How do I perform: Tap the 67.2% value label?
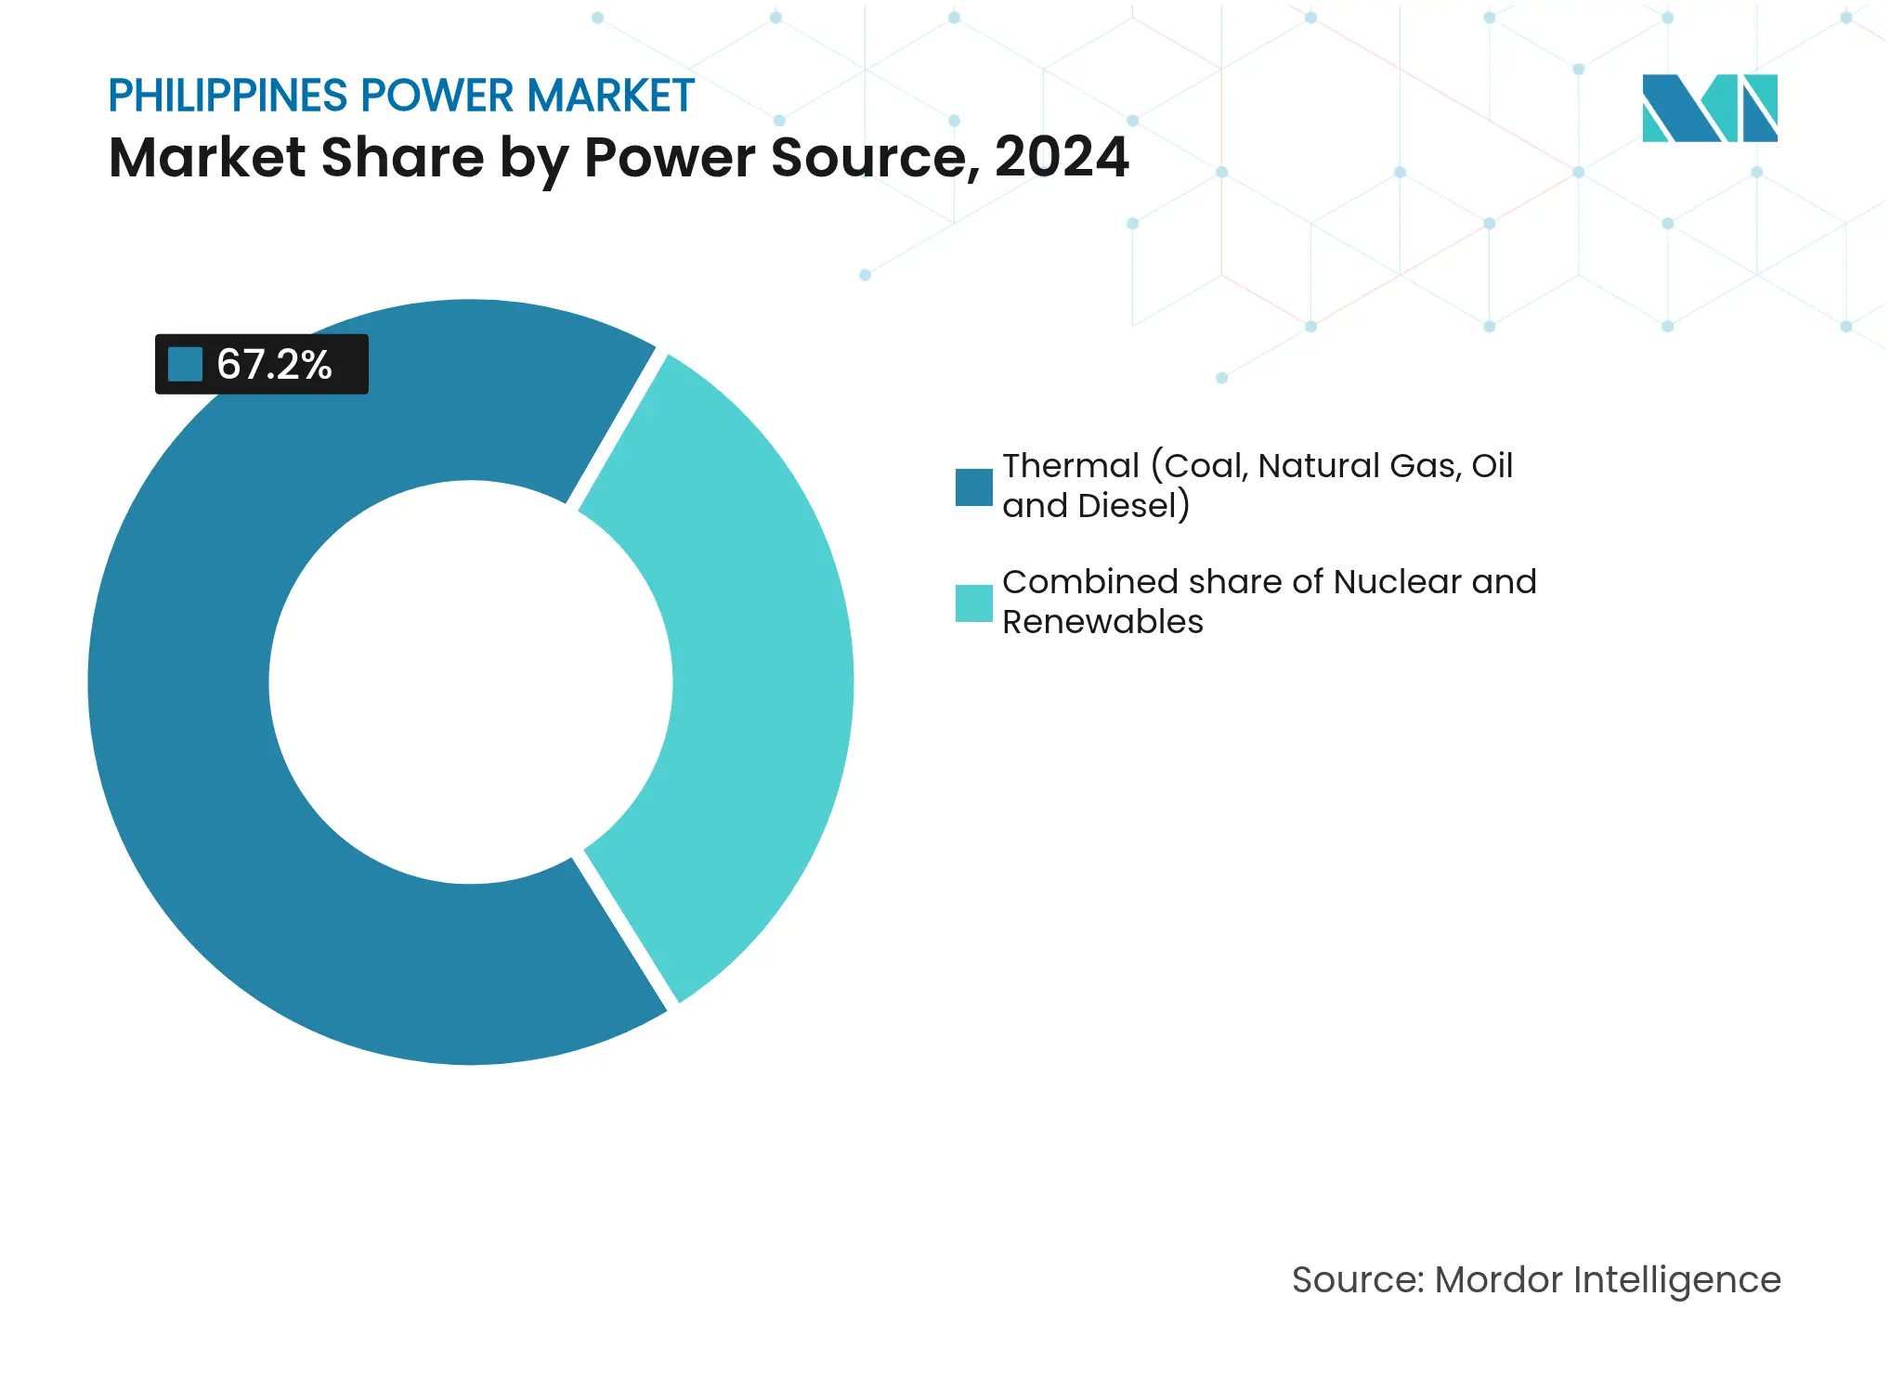pos(274,365)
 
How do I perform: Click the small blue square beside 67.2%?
pos(185,364)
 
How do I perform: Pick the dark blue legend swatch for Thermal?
pos(973,486)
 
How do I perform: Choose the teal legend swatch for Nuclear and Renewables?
pos(973,603)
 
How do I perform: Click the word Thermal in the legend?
pos(1071,466)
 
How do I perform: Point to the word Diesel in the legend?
pos(1127,506)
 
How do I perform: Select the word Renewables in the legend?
pos(1102,622)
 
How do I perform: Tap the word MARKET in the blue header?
pos(610,96)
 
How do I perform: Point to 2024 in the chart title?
pos(1062,157)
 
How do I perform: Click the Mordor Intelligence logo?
pos(1709,108)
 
